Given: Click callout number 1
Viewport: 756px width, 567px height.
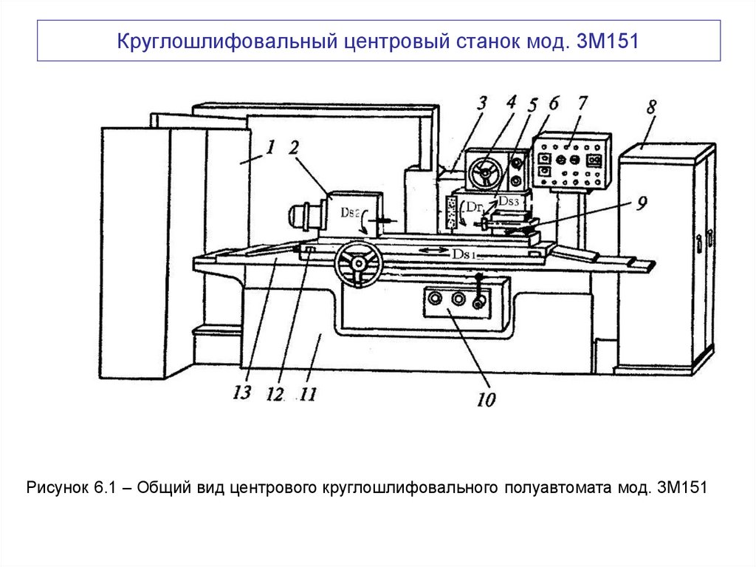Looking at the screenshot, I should tap(270, 147).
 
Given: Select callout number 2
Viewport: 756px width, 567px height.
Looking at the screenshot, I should tap(294, 147).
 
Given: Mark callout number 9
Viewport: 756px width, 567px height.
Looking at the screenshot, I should tap(641, 200).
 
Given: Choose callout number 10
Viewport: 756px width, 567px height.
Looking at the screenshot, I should tap(485, 399).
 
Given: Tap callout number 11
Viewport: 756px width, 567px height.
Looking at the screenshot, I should tap(307, 395).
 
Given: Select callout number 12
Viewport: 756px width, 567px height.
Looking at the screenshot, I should tap(275, 395).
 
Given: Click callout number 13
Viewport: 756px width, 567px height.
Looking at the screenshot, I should tap(242, 393).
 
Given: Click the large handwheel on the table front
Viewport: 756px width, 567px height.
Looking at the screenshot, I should tap(359, 264).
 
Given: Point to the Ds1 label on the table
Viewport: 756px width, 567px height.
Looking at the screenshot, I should tap(466, 253).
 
